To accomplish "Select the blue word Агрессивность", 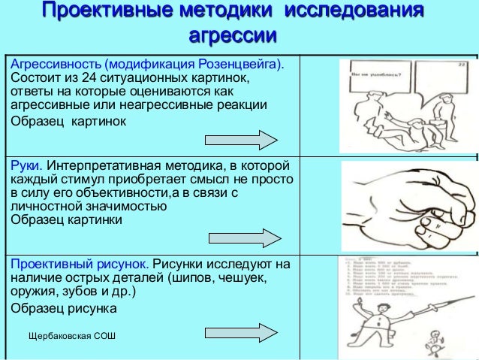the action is (x=55, y=65).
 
